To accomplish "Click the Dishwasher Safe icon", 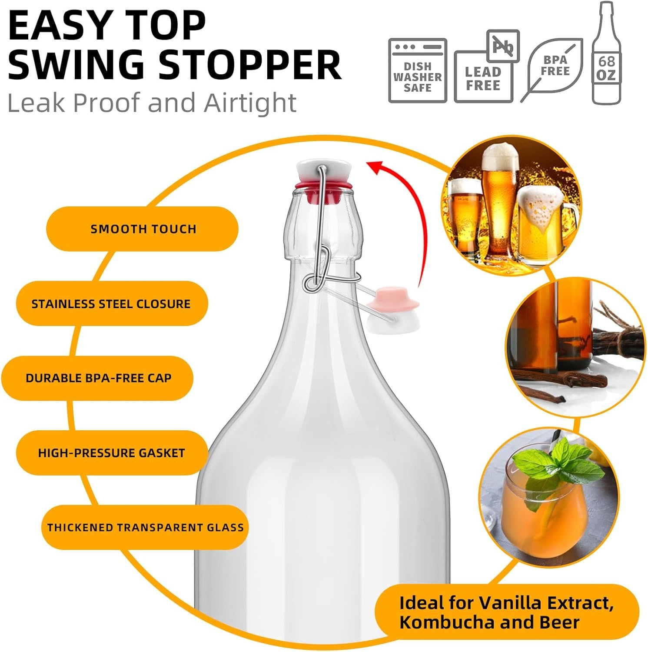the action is tap(417, 70).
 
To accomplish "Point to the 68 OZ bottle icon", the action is tap(606, 53).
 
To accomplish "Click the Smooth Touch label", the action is tap(143, 229).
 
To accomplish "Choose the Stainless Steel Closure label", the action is tap(111, 303).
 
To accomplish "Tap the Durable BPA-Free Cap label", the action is tap(98, 378).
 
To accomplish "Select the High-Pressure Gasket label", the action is tap(111, 453).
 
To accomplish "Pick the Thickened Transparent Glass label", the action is tap(145, 527).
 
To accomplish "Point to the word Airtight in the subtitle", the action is tap(250, 103).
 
